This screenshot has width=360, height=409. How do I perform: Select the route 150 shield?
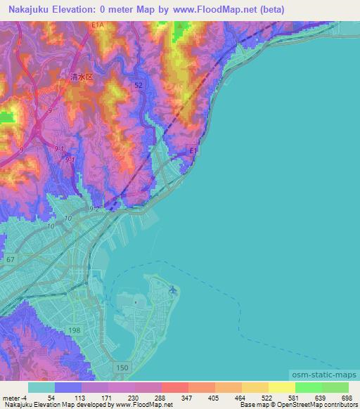pos(122,368)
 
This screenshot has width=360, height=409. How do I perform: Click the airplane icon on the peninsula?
pos(173,288)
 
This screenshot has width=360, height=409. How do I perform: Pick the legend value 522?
pos(265,397)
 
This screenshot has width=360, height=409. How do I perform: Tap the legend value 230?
pos(131,397)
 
